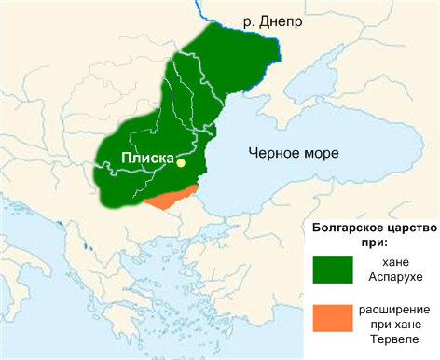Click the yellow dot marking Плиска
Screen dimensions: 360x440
(x=182, y=162)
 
